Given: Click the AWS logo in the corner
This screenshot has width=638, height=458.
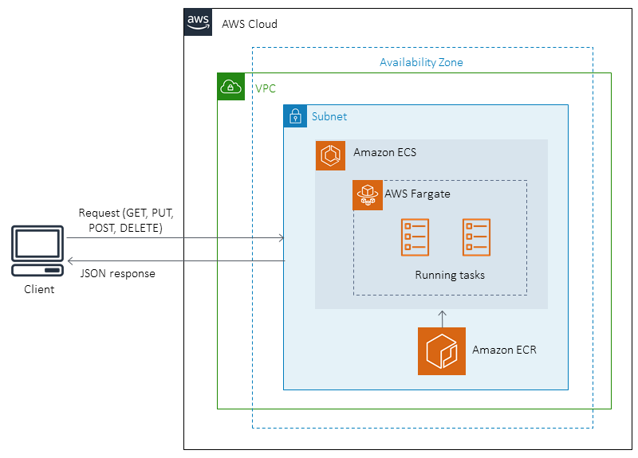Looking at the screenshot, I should point(199,23).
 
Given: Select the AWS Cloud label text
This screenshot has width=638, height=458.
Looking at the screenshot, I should point(250,24).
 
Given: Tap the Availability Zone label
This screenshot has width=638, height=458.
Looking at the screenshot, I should point(421,62).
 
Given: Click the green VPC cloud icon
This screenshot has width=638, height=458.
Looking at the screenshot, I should point(231,87).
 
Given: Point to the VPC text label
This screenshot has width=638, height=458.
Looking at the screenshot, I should point(266,88).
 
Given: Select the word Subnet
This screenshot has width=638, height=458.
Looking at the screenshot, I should point(329,116).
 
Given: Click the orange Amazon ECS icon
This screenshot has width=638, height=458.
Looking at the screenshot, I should point(331,155).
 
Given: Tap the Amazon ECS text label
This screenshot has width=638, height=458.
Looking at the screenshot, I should point(384,152).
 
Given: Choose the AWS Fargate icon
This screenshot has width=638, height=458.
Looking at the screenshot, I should point(368,195).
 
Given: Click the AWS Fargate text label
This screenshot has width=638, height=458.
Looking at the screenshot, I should point(418,193).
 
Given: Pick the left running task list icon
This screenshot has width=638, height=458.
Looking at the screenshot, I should point(415,237).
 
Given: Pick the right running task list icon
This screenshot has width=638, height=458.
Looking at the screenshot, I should point(476,237).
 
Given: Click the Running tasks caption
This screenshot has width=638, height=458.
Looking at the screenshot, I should point(450,276).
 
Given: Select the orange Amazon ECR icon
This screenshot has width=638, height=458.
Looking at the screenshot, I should point(442,350).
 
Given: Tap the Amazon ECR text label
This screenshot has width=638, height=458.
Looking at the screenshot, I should point(504,349).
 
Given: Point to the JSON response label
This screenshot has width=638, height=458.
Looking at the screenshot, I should point(117,273).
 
